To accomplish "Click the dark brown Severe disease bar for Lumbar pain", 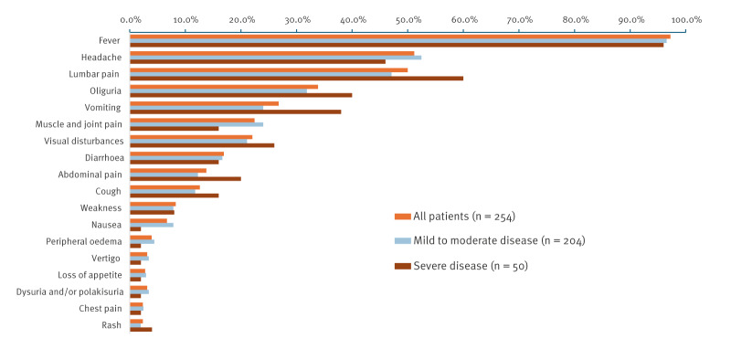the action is [x=296, y=79].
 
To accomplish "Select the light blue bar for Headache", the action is [x=276, y=58].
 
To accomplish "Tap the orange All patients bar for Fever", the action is [x=400, y=37].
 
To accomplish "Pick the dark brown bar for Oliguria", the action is [x=241, y=95].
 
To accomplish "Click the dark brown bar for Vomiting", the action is [x=236, y=111].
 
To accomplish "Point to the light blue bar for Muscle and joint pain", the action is [x=196, y=124].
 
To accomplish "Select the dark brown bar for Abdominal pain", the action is [x=185, y=178].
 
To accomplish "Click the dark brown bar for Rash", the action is [x=141, y=329].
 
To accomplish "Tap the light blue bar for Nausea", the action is [x=152, y=225].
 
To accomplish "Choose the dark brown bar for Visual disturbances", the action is [x=202, y=145].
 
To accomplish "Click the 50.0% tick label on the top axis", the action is [x=408, y=19].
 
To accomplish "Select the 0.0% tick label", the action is [x=131, y=19].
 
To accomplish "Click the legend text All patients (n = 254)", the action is [x=464, y=217].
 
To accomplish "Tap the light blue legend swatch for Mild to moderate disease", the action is [x=403, y=241].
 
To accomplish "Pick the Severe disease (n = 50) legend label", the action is [x=470, y=266].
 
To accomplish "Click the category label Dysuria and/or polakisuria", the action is [x=70, y=291].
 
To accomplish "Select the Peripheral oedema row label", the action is [x=84, y=241].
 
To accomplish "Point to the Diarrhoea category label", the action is [x=104, y=158].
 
